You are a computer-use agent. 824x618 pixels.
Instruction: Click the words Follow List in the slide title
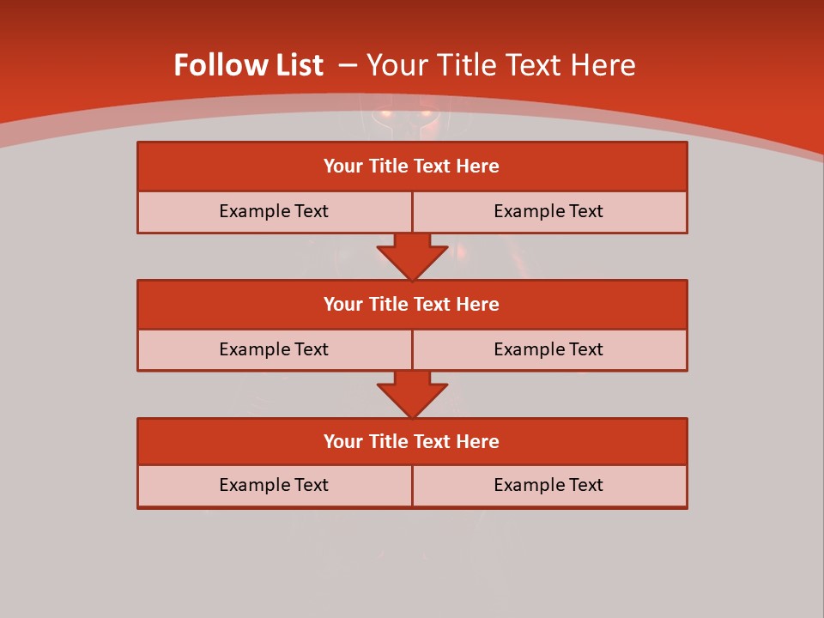248,65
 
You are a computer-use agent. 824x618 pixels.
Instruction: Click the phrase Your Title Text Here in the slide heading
501,65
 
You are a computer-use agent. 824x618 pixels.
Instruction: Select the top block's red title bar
412,167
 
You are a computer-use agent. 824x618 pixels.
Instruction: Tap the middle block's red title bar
412,305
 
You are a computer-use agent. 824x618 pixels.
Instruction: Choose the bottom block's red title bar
412,442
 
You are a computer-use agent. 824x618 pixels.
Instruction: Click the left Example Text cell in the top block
274,212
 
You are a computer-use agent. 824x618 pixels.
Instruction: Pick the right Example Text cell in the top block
549,212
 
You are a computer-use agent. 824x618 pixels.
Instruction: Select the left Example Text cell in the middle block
274,350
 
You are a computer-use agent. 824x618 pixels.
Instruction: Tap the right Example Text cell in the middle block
549,350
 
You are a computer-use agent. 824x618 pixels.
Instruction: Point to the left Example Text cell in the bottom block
274,486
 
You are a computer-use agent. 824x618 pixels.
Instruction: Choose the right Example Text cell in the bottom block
549,486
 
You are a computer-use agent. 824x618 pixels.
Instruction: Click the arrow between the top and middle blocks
412,255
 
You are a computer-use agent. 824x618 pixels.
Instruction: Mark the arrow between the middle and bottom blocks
412,393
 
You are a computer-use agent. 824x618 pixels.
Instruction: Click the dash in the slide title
348,65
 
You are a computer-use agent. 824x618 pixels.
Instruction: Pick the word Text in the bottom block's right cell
585,486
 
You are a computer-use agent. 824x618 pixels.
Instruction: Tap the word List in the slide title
294,65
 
